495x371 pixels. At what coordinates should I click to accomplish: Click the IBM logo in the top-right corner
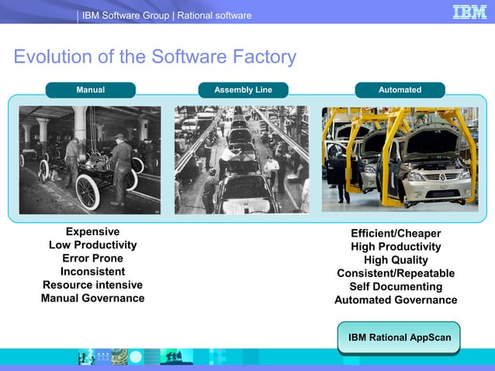pyautogui.click(x=469, y=12)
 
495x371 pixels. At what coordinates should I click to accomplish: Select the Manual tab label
pyautogui.click(x=90, y=90)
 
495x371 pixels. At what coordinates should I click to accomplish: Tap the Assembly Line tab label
pyautogui.click(x=243, y=90)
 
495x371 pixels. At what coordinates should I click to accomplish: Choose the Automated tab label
pyautogui.click(x=400, y=90)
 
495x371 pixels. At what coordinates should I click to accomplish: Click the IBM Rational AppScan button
pyautogui.click(x=400, y=338)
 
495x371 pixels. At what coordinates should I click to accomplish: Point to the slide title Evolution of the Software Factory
pyautogui.click(x=155, y=57)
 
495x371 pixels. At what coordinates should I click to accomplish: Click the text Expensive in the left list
pyautogui.click(x=92, y=231)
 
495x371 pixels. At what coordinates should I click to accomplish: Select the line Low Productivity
pyautogui.click(x=92, y=244)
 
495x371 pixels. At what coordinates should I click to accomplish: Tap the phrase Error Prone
pyautogui.click(x=92, y=258)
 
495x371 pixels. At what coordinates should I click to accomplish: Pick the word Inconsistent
pyautogui.click(x=92, y=271)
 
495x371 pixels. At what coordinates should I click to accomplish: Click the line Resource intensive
pyautogui.click(x=92, y=284)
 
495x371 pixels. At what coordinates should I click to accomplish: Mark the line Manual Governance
pyautogui.click(x=92, y=297)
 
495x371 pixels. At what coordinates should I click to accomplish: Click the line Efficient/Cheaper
pyautogui.click(x=396, y=234)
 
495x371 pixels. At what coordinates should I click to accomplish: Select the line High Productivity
pyautogui.click(x=396, y=247)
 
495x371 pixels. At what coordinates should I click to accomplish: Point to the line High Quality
pyautogui.click(x=396, y=260)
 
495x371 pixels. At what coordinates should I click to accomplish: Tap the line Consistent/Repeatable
pyautogui.click(x=396, y=273)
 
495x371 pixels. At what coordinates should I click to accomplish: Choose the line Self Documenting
pyautogui.click(x=396, y=286)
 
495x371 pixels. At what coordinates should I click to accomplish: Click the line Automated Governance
pyautogui.click(x=396, y=300)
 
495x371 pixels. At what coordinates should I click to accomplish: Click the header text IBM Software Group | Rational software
pyautogui.click(x=167, y=16)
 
